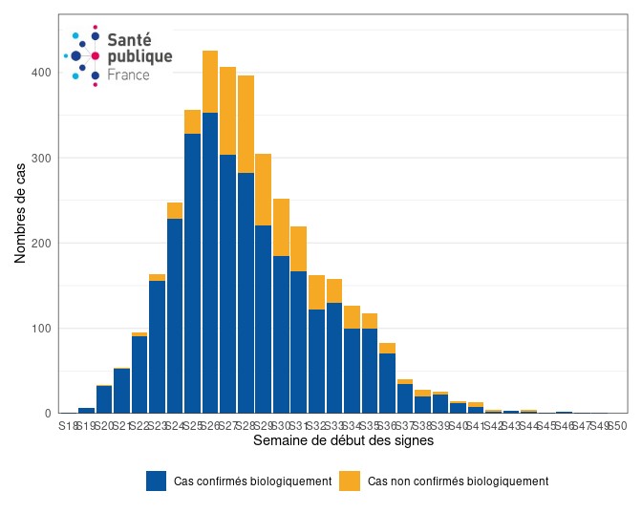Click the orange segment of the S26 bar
(x=210, y=81)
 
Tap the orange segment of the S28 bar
(x=246, y=124)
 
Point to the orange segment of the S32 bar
(x=316, y=292)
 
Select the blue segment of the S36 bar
(x=387, y=383)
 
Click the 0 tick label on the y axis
(x=46, y=414)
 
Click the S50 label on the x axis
(x=617, y=425)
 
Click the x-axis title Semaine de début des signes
(x=343, y=441)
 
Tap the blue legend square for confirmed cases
(x=157, y=481)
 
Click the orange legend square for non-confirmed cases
(x=351, y=481)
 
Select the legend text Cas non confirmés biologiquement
(x=458, y=481)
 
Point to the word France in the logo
(x=128, y=75)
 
